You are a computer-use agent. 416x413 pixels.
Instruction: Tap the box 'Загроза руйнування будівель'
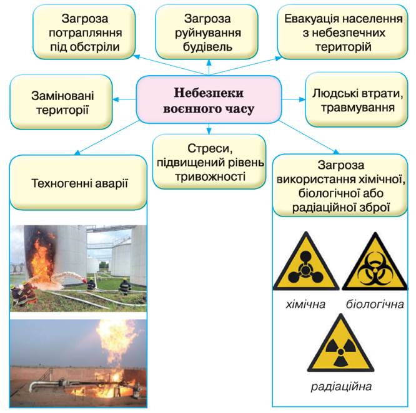206,31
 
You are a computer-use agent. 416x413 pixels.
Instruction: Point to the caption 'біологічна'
374,305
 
